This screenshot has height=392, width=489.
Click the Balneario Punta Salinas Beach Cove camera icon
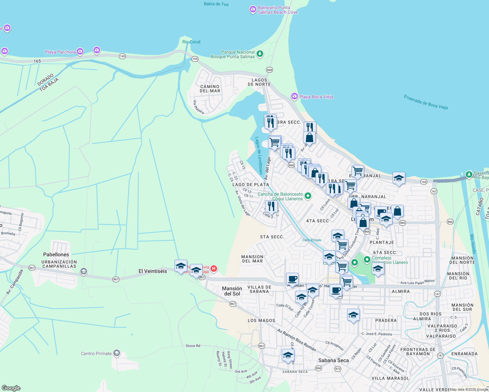[253, 9]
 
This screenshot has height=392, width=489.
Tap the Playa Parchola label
[60, 52]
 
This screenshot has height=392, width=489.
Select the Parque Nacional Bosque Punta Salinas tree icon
[260, 54]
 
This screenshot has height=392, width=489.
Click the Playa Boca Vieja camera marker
[295, 96]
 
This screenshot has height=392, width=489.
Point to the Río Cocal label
[191, 42]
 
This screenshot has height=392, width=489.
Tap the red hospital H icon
[214, 269]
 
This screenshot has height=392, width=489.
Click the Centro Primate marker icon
[117, 353]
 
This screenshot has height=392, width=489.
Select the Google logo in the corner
[11, 388]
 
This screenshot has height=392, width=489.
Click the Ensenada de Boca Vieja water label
[426, 102]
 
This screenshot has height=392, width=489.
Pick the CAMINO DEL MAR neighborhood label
[210, 89]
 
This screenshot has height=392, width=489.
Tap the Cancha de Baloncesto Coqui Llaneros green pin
[308, 196]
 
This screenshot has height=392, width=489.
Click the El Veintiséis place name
[153, 271]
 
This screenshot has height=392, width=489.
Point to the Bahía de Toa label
[216, 4]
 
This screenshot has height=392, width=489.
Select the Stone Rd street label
[193, 346]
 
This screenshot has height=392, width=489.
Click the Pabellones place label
[56, 254]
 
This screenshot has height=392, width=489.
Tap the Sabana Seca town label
[333, 360]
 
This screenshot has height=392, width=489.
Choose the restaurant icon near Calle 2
[271, 206]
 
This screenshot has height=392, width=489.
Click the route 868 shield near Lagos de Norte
[269, 70]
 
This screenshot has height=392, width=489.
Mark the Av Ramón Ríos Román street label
[296, 340]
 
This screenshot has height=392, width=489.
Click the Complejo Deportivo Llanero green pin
[367, 260]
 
